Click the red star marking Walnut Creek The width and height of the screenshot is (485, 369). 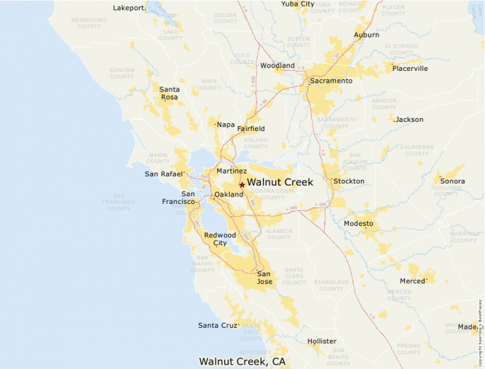[x=242, y=185]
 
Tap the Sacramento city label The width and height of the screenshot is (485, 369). [x=330, y=81]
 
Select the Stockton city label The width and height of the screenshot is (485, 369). [x=349, y=181]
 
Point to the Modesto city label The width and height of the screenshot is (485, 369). [x=359, y=223]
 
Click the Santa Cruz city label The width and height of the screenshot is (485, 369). [x=218, y=326]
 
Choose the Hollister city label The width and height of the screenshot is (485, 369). [x=322, y=341]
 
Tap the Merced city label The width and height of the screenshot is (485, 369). [x=412, y=281]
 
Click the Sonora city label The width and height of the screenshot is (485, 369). [x=452, y=181]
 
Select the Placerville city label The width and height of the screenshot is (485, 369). [x=411, y=69]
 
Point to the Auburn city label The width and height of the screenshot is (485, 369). [x=367, y=35]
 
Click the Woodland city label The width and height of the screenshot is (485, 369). [x=277, y=66]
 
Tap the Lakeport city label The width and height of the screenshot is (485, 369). [x=129, y=8]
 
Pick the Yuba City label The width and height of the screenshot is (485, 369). [x=298, y=4]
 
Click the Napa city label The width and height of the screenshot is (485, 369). [x=226, y=125]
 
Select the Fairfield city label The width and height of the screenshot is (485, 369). [x=251, y=129]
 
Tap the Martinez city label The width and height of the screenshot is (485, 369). [x=232, y=171]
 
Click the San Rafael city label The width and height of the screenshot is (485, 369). [x=165, y=174]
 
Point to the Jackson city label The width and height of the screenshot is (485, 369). [x=409, y=120]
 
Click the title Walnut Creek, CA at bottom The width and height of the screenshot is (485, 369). [x=242, y=361]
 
